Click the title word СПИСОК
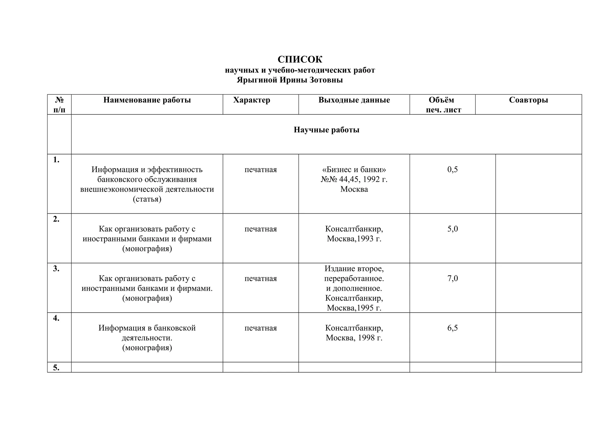point(300,60)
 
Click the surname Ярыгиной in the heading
point(257,80)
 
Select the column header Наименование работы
point(147,100)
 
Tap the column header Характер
point(252,100)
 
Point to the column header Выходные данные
point(354,100)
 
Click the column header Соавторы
point(528,100)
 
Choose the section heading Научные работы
point(326,130)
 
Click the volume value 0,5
point(452,170)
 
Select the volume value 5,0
point(452,229)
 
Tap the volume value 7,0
point(452,278)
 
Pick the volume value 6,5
point(452,328)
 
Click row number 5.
point(56,367)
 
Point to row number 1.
point(56,160)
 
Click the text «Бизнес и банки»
point(354,170)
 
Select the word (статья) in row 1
point(147,199)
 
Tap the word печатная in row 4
point(260,328)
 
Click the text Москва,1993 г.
point(354,239)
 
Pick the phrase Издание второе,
point(354,268)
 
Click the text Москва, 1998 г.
point(354,338)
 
